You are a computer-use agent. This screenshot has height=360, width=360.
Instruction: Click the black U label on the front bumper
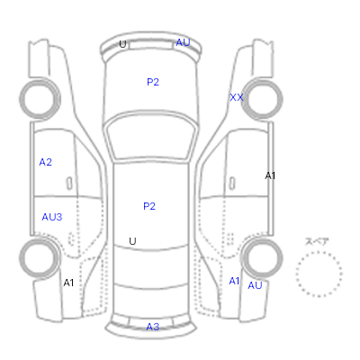[122, 44]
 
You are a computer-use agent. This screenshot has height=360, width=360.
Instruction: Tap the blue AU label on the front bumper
[183, 42]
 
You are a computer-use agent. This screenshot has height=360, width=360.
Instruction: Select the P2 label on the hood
[153, 82]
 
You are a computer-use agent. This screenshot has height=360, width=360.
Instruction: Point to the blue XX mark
[237, 97]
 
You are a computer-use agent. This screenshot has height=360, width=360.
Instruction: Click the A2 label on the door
[46, 162]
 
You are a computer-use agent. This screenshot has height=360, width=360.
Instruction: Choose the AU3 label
[52, 217]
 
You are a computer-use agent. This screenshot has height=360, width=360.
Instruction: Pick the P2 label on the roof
[149, 206]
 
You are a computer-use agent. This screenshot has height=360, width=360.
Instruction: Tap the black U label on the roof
[132, 241]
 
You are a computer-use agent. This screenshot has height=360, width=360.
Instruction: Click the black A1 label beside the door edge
[270, 175]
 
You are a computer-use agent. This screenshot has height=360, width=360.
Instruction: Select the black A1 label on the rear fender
[68, 283]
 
